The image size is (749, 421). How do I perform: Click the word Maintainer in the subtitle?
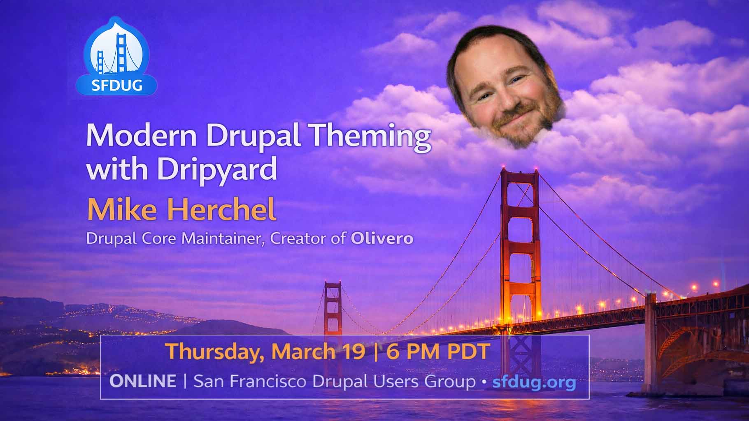tap(223, 239)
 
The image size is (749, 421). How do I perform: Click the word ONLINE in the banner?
tap(142, 382)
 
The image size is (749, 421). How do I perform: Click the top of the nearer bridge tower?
tap(520, 173)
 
